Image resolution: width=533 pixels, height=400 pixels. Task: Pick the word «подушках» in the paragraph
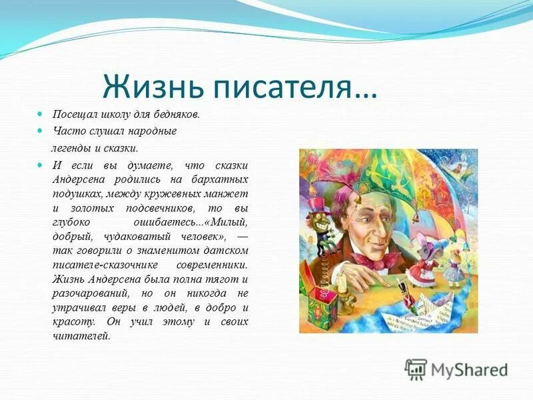pyautogui.click(x=78, y=193)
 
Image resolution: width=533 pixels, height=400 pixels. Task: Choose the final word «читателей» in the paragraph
pyautogui.click(x=80, y=336)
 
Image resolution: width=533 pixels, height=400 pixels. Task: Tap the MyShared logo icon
pyautogui.click(x=416, y=369)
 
